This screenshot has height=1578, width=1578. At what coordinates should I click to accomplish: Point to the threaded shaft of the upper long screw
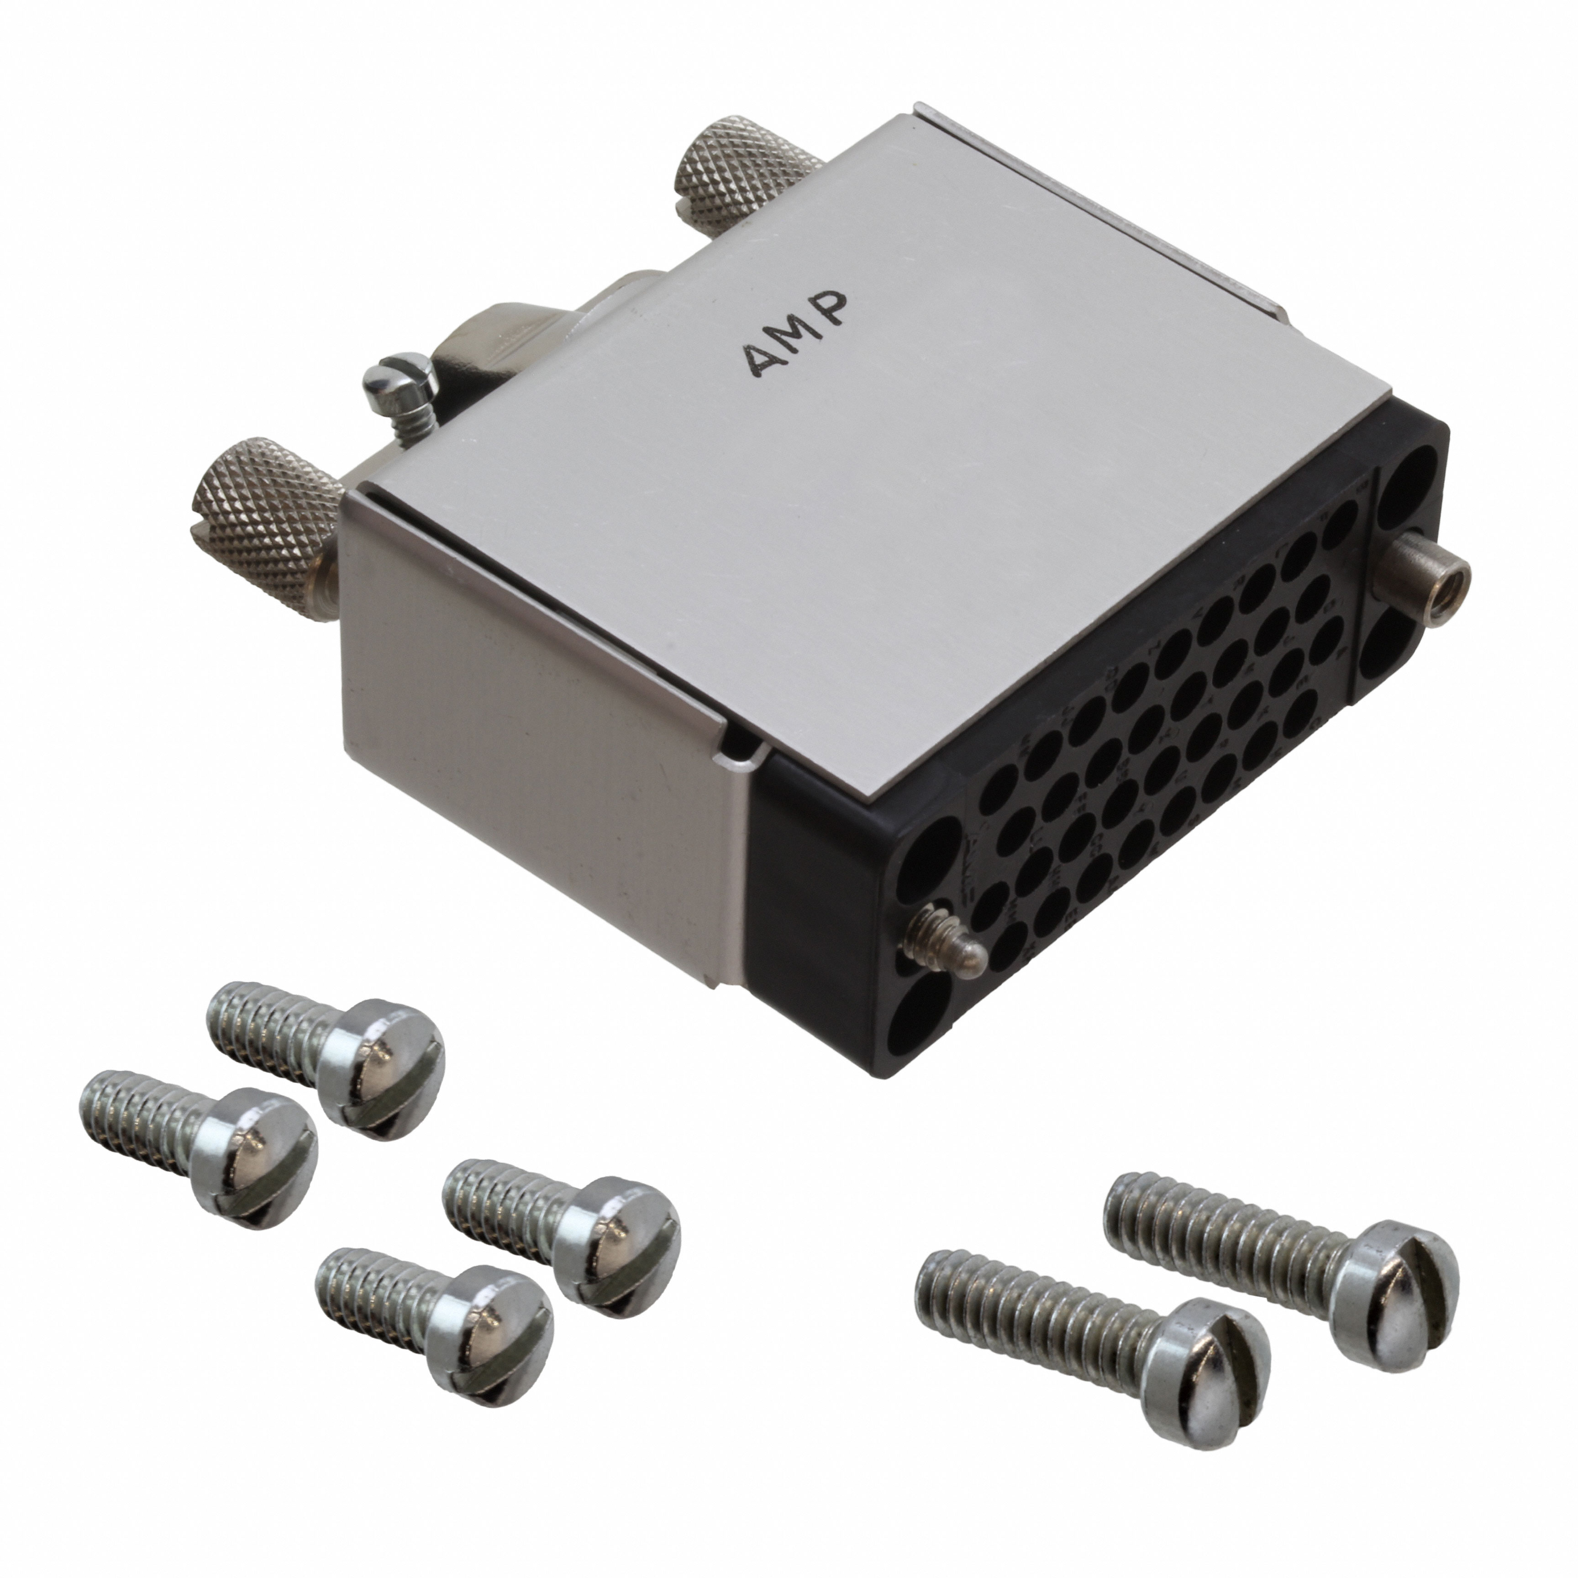click(x=1217, y=1225)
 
